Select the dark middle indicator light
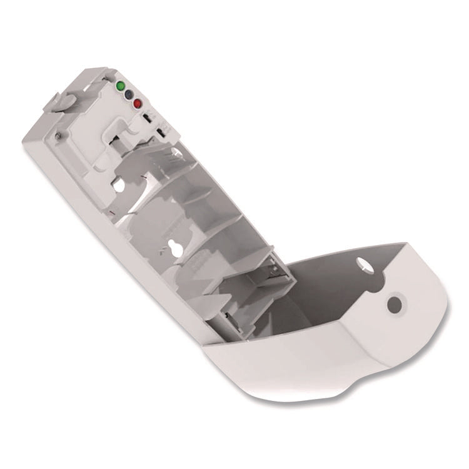(129, 94)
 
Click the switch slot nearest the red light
(146, 118)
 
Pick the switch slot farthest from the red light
(161, 132)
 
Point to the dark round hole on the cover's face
(394, 304)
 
